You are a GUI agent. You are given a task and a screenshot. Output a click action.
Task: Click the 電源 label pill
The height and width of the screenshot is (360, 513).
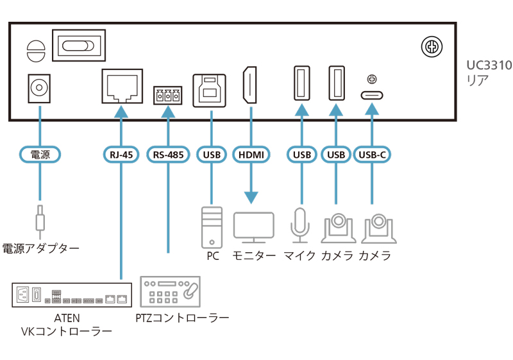pos(40,154)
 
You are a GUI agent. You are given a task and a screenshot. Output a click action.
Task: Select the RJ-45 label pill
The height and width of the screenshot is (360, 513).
pos(121,154)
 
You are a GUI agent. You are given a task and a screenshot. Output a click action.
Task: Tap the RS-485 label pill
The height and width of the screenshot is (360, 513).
pos(168,154)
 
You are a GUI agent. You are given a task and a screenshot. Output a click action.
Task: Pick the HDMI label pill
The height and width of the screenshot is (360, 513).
pos(251,154)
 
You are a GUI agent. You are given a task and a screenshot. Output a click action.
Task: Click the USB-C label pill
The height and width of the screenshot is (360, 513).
pos(371,154)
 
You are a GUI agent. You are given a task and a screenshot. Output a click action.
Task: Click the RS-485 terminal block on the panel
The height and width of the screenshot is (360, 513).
pos(168,97)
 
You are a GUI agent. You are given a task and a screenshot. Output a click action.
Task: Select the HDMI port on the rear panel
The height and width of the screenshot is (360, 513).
pos(251,85)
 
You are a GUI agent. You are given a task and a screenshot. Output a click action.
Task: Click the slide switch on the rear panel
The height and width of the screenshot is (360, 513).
pos(77,46)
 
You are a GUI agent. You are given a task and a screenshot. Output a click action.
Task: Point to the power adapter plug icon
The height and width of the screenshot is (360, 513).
pos(40,219)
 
